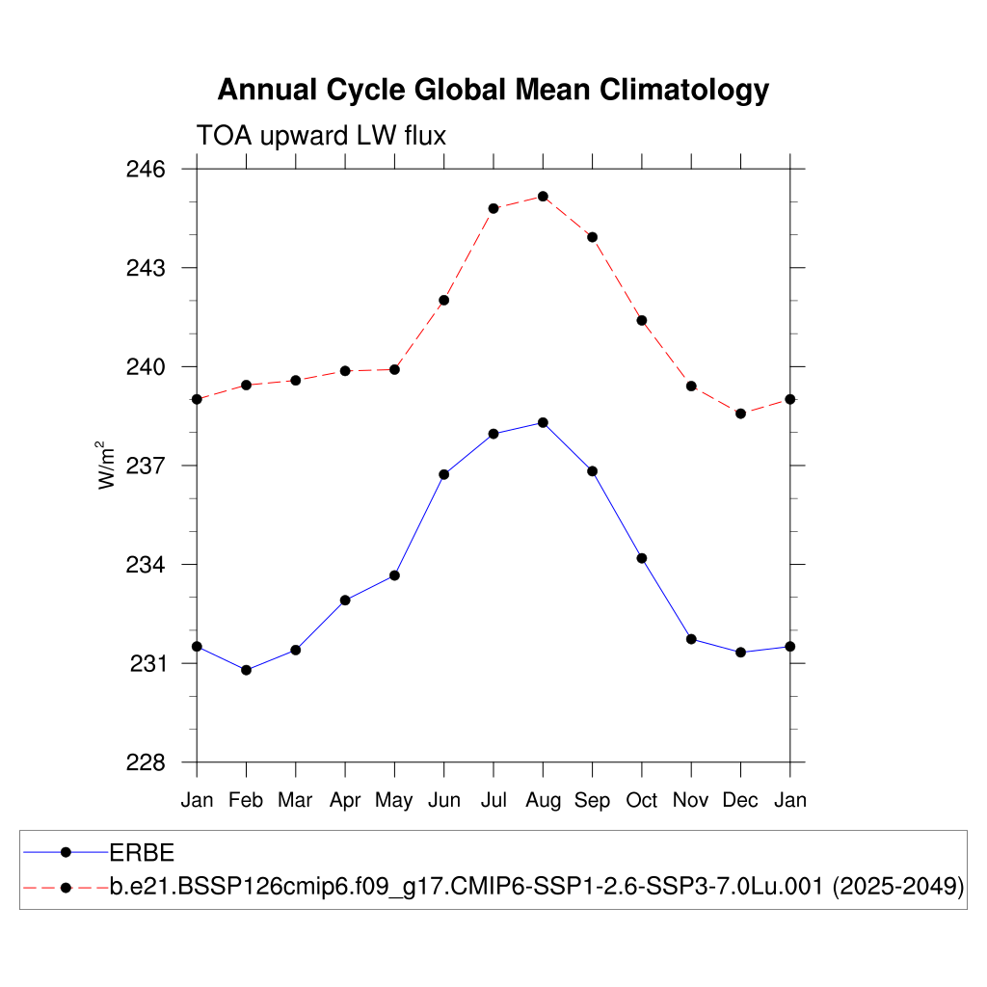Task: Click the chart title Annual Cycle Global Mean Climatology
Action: click(x=493, y=90)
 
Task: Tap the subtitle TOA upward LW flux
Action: click(x=321, y=136)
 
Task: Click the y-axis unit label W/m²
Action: click(x=107, y=466)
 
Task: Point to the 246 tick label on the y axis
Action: click(x=147, y=170)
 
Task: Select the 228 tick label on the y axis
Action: click(x=147, y=763)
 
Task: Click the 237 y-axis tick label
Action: click(x=147, y=467)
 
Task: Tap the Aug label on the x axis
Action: click(x=543, y=800)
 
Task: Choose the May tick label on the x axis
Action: click(x=394, y=800)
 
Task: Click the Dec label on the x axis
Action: click(x=740, y=800)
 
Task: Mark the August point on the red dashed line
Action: click(x=543, y=197)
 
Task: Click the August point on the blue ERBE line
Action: click(x=543, y=422)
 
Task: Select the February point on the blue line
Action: click(x=246, y=670)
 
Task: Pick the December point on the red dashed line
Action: click(x=740, y=413)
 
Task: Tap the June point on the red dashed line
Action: click(x=444, y=300)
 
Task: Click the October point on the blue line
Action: click(x=642, y=558)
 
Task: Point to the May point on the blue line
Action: click(x=394, y=575)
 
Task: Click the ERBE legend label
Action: click(x=141, y=852)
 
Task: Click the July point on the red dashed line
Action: click(x=493, y=208)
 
